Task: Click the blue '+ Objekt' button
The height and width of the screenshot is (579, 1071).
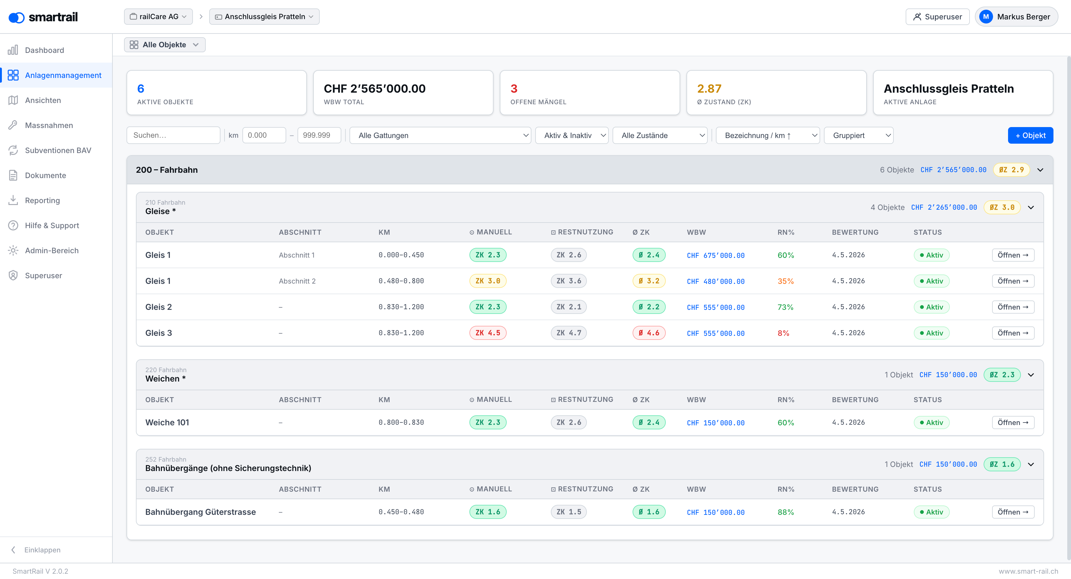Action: pos(1030,136)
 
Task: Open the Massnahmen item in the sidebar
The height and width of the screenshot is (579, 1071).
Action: pos(49,125)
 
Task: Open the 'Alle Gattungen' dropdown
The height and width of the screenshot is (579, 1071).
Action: pos(440,136)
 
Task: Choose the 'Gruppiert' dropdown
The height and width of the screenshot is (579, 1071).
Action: pos(859,136)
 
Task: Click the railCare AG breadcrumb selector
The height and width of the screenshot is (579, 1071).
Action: pos(158,17)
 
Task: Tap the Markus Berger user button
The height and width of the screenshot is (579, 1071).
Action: pos(1016,17)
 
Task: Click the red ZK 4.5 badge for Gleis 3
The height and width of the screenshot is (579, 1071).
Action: pos(488,333)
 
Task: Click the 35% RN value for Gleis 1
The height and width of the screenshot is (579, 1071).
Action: pos(785,281)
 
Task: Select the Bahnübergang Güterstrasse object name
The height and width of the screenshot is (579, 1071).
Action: pos(200,512)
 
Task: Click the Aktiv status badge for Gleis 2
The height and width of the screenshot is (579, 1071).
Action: pos(931,307)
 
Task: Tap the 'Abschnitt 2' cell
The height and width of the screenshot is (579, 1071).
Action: pos(297,281)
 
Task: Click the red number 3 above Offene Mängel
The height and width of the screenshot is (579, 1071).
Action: pos(514,89)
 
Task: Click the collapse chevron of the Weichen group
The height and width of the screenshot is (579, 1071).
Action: pos(1031,375)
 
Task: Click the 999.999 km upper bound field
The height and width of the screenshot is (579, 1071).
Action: pos(319,136)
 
